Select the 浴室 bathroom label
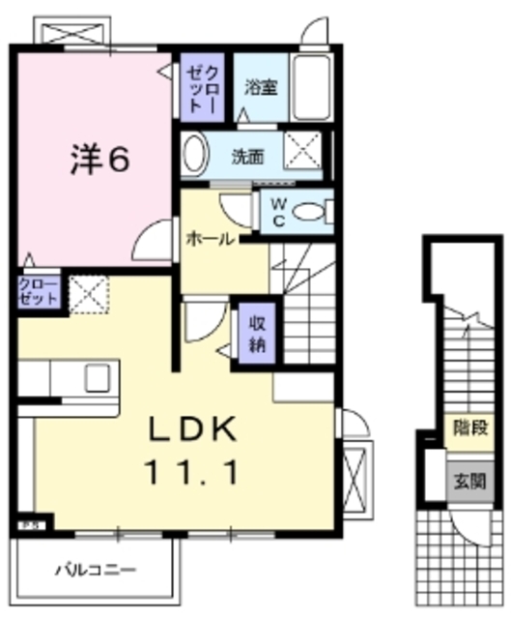pos(261,86)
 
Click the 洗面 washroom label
pos(247,155)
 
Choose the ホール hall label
pos(209,239)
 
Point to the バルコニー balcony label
pos(95,569)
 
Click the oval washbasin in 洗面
pos(195,154)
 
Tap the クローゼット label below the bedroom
pos(38,292)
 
